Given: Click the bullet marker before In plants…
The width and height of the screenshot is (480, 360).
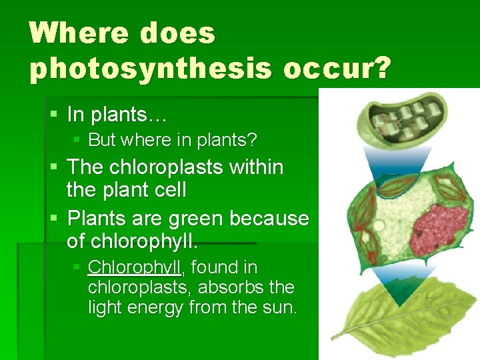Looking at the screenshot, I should (55, 115).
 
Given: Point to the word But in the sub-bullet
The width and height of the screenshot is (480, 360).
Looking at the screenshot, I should (102, 140).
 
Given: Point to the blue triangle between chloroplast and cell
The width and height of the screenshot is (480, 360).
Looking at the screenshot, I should (399, 163).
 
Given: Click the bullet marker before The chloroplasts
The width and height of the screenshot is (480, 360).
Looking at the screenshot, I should (55, 167).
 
